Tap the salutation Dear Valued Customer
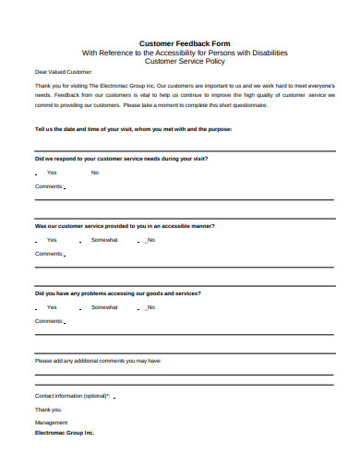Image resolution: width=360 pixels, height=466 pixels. [x=64, y=71]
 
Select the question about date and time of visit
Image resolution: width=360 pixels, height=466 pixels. [x=133, y=129]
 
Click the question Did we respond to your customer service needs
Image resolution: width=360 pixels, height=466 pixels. [x=121, y=159]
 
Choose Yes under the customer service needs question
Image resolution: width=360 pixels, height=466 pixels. [x=52, y=173]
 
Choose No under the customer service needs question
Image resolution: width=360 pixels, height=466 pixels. [x=95, y=173]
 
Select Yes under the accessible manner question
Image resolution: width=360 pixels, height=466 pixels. [x=52, y=240]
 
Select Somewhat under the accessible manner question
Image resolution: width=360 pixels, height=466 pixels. [x=104, y=240]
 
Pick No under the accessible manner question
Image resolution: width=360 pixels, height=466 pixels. [x=150, y=240]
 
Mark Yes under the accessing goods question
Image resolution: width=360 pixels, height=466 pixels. [x=52, y=307]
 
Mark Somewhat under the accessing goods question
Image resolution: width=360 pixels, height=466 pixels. [x=104, y=307]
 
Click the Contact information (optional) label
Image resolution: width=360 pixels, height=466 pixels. [x=73, y=395]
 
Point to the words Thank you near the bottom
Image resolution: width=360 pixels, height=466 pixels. [x=49, y=409]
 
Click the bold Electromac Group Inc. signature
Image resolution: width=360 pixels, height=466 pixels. [x=65, y=432]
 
